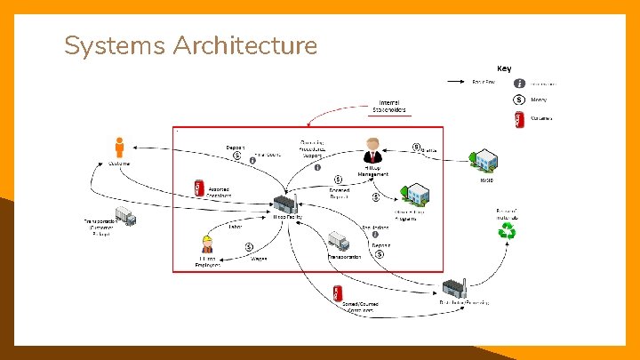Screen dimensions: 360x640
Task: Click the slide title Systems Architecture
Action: [x=190, y=45]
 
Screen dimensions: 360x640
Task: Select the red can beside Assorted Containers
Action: [x=198, y=188]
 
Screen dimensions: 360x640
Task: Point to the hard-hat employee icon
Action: [x=207, y=244]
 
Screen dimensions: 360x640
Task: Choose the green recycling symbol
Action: [x=509, y=232]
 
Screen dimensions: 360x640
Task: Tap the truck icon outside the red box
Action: [x=125, y=216]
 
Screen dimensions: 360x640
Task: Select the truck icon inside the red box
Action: [x=338, y=241]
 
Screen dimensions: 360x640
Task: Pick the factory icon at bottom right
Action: [x=454, y=287]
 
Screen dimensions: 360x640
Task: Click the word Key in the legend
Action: [x=504, y=68]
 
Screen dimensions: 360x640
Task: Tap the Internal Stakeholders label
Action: [x=389, y=106]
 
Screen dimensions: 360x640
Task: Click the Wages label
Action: [x=259, y=259]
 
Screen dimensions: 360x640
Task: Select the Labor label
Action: [x=236, y=226]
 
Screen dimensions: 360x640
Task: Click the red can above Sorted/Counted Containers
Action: [x=338, y=292]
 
